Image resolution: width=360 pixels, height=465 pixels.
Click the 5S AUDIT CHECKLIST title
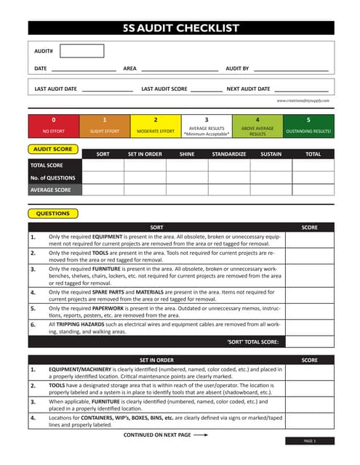182,28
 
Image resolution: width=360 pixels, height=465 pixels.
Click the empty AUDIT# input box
81,51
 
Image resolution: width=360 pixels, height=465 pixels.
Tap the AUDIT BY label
237,68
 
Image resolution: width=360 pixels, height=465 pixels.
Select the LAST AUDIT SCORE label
164,89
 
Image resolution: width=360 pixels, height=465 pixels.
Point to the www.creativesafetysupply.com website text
303,101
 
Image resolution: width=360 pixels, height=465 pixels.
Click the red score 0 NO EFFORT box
53,126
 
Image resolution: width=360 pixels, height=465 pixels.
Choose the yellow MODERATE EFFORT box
155,126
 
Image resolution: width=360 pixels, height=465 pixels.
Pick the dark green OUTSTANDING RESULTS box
308,126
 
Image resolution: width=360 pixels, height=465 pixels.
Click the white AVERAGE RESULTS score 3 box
206,126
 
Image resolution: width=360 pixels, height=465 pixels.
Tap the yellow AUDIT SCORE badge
52,148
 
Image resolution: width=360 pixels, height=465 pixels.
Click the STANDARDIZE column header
229,154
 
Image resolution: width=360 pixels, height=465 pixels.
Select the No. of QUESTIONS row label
53,177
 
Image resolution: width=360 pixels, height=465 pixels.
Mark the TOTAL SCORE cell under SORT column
103,165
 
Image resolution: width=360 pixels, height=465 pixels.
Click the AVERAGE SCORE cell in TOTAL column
313,190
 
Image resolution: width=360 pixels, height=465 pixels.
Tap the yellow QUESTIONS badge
52,214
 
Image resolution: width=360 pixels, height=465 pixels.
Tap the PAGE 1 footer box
309,441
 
